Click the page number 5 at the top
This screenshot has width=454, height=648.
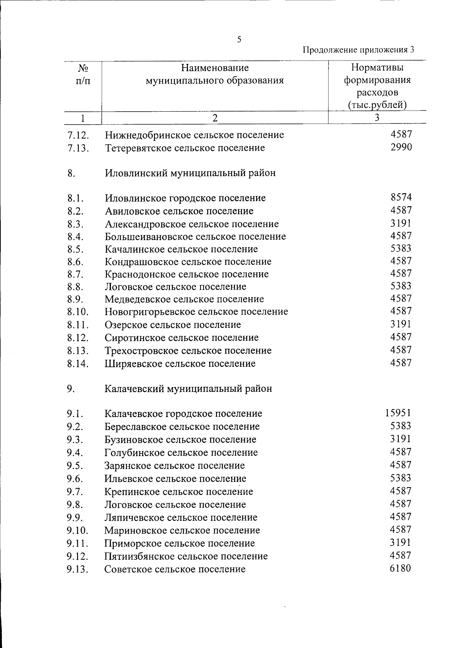pos(239,40)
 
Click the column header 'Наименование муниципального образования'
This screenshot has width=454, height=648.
pos(215,74)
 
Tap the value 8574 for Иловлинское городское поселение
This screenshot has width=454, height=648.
pos(401,197)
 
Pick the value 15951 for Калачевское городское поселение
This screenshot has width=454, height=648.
pos(398,413)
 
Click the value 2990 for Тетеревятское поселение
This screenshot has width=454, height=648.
pos(401,147)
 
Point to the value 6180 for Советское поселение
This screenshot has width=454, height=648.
pos(400,568)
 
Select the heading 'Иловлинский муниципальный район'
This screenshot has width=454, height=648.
pos(190,173)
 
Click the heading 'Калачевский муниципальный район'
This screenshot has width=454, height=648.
pos(188,389)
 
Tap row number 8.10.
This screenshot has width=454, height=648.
pos(78,312)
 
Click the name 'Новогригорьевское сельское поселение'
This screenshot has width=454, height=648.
pos(196,312)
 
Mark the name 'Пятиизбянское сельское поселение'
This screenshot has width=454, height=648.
pos(186,556)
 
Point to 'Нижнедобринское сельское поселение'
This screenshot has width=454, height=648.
pos(194,135)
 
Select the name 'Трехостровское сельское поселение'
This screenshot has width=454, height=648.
pos(188,350)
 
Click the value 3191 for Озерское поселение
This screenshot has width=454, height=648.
pos(401,324)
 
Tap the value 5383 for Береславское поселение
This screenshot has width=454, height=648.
pos(401,426)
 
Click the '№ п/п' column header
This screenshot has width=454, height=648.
pos(83,74)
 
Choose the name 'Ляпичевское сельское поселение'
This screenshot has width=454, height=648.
pos(181,517)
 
